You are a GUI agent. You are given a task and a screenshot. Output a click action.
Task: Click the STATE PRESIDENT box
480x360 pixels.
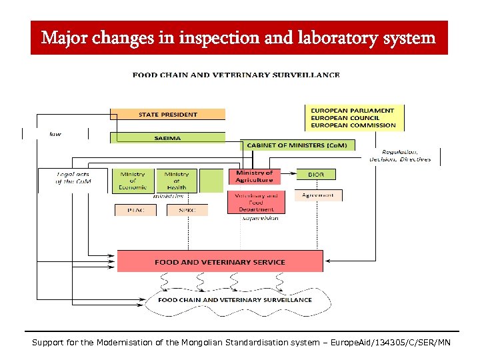pos(167,114)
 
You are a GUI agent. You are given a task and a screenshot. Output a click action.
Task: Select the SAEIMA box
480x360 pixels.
pos(167,138)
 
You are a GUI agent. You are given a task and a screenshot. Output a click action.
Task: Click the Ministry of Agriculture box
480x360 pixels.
pos(255,177)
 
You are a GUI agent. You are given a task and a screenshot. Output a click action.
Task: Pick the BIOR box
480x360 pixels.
pos(316,174)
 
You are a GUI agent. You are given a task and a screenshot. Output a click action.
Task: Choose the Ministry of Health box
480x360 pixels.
pos(177,181)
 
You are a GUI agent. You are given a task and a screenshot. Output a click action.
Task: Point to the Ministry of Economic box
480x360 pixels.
pos(133,181)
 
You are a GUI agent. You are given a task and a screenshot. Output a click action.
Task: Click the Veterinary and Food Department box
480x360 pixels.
pos(256,203)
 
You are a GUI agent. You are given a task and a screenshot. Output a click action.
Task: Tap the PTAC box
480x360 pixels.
pos(135,210)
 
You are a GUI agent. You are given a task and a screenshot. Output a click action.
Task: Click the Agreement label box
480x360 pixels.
pos(318,195)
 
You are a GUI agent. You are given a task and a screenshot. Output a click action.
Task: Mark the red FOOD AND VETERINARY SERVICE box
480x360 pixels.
pos(220,261)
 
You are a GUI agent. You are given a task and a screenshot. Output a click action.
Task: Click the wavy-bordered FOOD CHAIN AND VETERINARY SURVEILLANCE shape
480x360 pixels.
pos(235,300)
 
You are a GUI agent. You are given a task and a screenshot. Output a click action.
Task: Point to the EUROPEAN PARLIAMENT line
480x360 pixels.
pos(353,110)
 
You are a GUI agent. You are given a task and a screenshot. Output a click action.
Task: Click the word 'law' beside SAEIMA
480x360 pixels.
pos(55,133)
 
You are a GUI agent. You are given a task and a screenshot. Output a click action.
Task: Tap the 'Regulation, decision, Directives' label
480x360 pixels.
pos(400,155)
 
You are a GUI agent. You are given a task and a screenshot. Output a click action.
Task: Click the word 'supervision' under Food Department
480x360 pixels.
pos(260,217)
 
